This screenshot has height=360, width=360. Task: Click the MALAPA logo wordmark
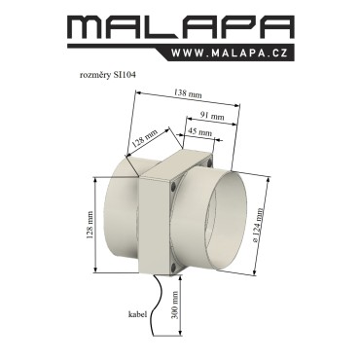(181, 28)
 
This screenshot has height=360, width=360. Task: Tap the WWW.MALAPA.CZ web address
(230, 53)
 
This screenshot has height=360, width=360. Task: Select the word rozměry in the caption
(95, 75)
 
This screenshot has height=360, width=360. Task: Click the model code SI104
(125, 75)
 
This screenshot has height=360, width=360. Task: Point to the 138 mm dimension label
(188, 93)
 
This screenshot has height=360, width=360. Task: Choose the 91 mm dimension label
(212, 116)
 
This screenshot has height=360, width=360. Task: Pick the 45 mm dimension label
(200, 132)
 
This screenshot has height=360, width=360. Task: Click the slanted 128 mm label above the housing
(145, 139)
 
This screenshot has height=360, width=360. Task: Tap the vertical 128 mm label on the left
(90, 225)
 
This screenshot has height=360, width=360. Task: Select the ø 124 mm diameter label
(258, 225)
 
